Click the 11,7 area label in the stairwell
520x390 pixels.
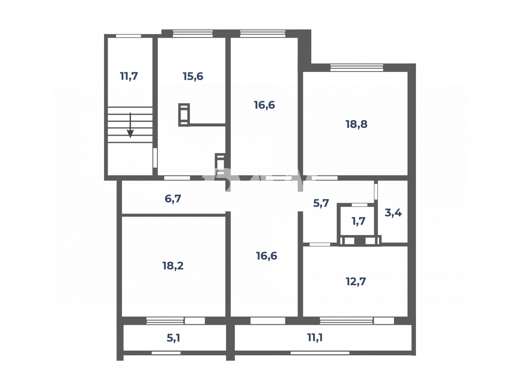129,76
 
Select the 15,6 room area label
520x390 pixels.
193,76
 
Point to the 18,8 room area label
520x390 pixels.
356,124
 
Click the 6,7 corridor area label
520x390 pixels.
173,199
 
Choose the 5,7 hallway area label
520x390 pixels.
321,203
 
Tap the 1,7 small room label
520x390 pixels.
358,221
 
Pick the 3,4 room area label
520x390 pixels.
393,213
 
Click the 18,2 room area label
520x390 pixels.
173,266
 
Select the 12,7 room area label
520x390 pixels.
356,281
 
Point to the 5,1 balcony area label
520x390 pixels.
173,338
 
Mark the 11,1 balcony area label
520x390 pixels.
315,337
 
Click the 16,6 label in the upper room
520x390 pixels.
264,105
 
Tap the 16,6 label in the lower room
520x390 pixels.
266,256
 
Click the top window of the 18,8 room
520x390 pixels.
357,68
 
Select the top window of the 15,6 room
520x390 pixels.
193,34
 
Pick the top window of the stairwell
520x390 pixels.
128,36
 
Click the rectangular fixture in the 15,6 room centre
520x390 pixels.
184,115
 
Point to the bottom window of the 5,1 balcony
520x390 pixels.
166,353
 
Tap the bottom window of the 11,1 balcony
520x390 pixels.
320,353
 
